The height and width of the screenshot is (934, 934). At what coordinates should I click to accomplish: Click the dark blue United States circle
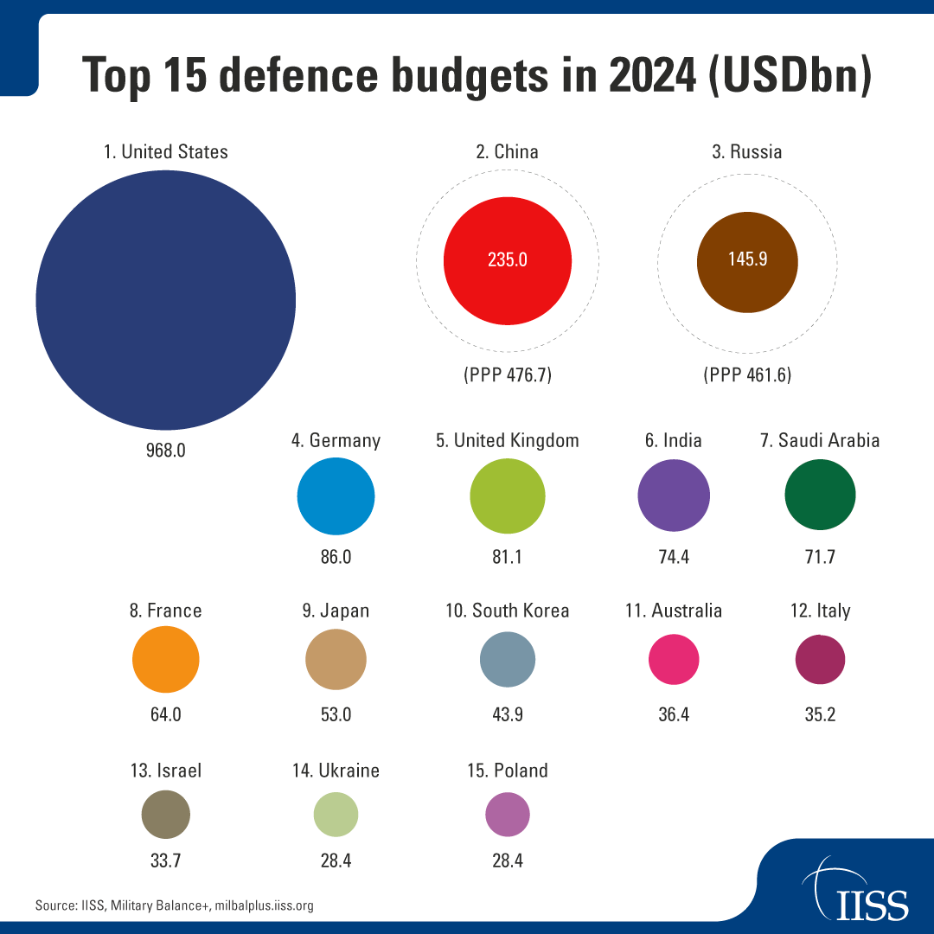tap(165, 299)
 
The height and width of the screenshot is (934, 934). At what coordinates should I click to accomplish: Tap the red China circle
tap(508, 260)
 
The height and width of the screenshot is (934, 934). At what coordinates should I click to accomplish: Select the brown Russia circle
tap(747, 260)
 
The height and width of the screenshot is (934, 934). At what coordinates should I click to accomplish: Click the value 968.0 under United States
tap(165, 451)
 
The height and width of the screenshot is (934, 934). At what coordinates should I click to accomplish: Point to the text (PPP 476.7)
tap(508, 375)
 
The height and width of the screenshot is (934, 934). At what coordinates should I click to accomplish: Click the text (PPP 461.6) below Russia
tap(747, 375)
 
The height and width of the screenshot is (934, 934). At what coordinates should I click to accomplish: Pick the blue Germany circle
tap(336, 496)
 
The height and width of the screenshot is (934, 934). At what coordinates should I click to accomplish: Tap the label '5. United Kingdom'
tap(508, 440)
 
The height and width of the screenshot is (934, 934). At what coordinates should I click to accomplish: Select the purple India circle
tap(674, 496)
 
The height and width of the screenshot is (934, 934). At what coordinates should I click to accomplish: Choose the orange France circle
tap(166, 660)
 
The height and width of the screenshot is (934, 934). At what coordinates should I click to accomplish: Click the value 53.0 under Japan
tap(336, 714)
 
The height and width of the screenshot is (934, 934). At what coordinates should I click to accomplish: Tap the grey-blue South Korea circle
tap(508, 660)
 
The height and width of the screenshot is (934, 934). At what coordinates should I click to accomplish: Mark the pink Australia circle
tap(674, 660)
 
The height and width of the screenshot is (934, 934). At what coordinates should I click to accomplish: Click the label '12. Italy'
tap(820, 611)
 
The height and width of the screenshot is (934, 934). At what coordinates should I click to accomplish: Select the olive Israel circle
tap(165, 814)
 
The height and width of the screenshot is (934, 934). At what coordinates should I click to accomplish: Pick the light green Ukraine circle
tap(336, 815)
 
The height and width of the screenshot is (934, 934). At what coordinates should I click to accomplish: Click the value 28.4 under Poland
tap(508, 860)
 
